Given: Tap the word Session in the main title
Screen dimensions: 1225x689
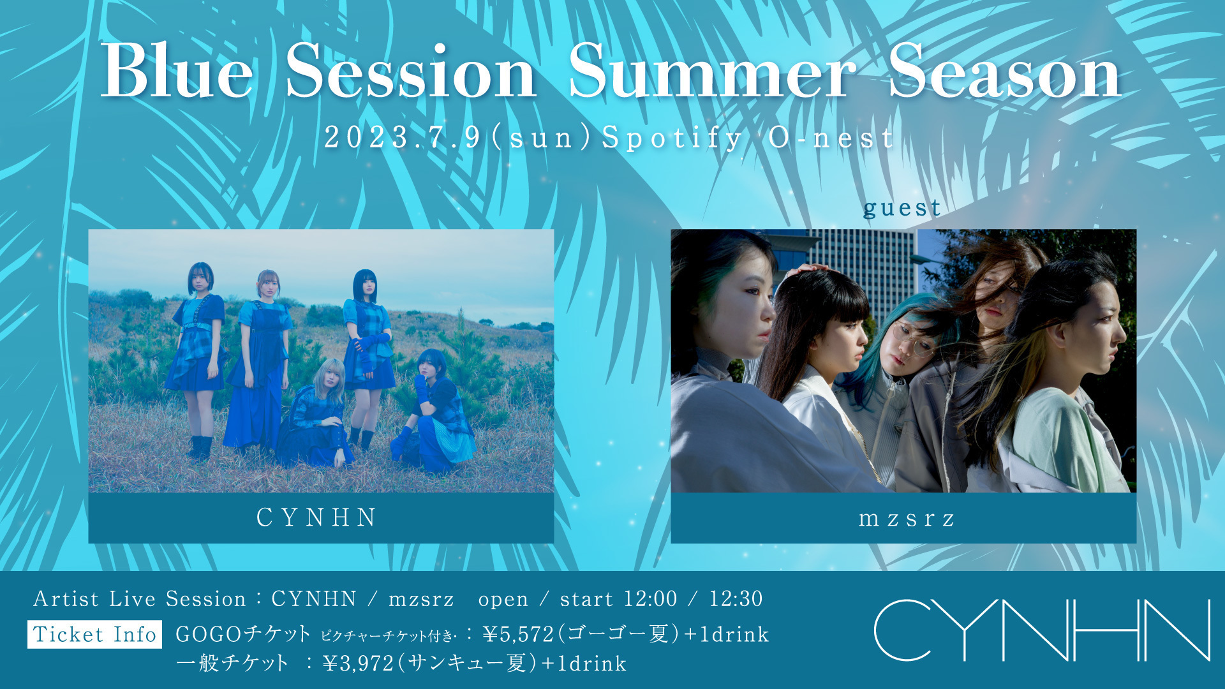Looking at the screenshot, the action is coord(410,71).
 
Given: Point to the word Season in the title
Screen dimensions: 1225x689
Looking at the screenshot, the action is coord(1004,71).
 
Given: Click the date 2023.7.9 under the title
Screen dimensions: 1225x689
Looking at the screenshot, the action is coord(403,137).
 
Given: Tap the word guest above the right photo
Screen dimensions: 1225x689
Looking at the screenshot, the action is coord(902,208).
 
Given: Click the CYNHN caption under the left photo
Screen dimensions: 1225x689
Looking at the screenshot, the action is coord(316,517).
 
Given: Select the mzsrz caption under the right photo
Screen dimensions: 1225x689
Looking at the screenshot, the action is coord(907,519).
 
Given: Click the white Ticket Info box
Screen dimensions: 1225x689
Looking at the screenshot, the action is coord(94,634).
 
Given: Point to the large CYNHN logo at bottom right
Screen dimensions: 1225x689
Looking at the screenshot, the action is coord(1041,630).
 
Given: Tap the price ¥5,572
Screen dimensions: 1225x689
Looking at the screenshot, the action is coord(518,634).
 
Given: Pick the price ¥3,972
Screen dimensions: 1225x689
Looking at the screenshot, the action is coord(359,663).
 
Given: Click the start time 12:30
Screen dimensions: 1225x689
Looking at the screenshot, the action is coord(736,599).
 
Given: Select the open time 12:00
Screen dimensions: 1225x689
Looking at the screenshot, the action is coord(650,599).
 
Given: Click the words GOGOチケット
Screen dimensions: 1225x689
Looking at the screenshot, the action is coord(243,634).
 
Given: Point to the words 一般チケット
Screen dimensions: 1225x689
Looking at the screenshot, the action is coord(232,663).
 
